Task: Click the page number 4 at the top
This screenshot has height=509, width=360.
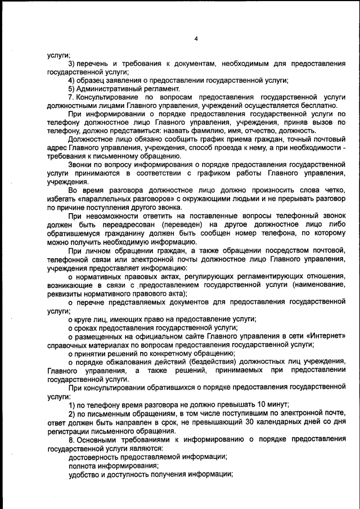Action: click(x=196, y=39)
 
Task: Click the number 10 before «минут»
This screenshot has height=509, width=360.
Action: click(x=250, y=405)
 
